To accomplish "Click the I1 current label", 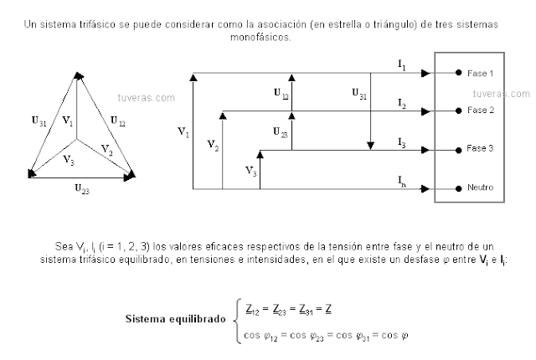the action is click(x=402, y=64).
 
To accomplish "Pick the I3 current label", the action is click(x=402, y=144).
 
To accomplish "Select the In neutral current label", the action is click(x=403, y=180).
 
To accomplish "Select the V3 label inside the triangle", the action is click(x=70, y=159).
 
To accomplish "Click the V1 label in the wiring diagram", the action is click(x=184, y=131).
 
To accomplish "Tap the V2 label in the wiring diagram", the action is click(x=213, y=145).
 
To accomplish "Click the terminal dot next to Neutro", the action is click(x=458, y=188).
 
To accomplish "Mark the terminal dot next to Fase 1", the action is click(x=458, y=74).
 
